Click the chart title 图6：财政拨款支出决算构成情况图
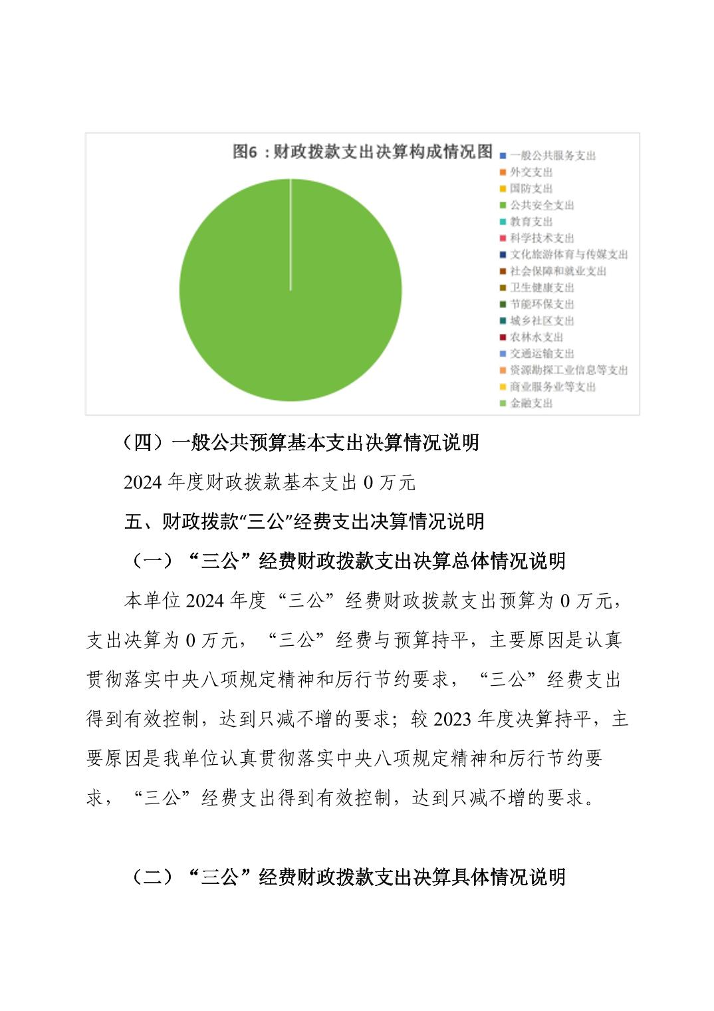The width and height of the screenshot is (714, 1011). click(x=362, y=152)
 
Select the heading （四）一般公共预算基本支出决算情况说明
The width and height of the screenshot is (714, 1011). click(x=301, y=442)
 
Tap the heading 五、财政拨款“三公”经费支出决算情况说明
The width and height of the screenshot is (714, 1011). click(x=304, y=521)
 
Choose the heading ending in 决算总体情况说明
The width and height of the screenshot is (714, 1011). click(x=346, y=561)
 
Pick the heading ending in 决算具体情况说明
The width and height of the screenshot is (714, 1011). click(x=346, y=877)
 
